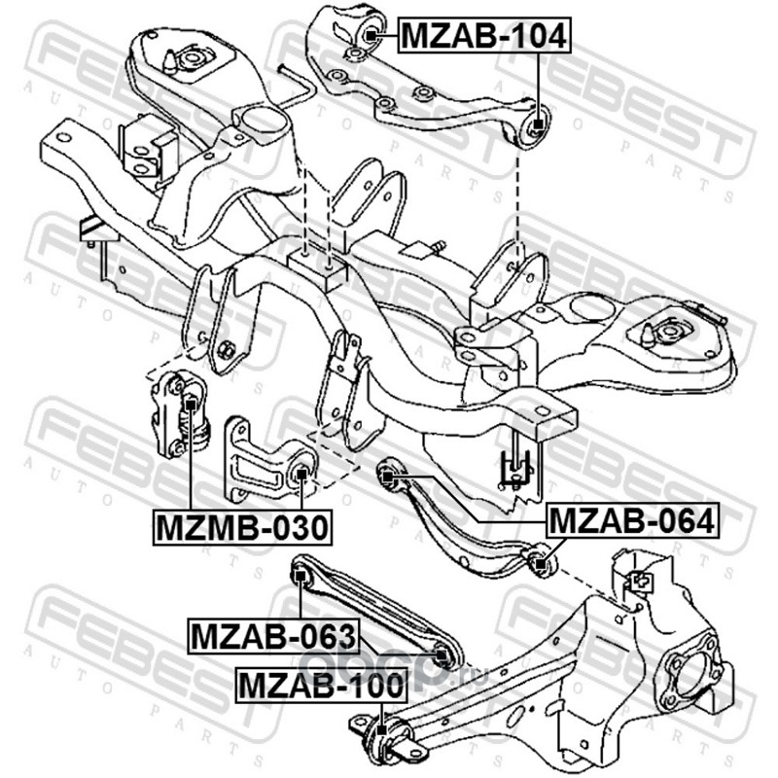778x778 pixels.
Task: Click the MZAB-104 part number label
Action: [x=482, y=36]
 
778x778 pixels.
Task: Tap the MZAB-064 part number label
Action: [x=632, y=521]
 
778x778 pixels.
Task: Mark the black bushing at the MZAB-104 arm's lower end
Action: [x=536, y=126]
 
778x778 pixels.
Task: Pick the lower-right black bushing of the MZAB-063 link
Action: [x=443, y=655]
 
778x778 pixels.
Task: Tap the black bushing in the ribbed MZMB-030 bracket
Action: [x=301, y=476]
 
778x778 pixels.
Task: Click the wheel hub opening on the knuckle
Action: [x=681, y=670]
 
